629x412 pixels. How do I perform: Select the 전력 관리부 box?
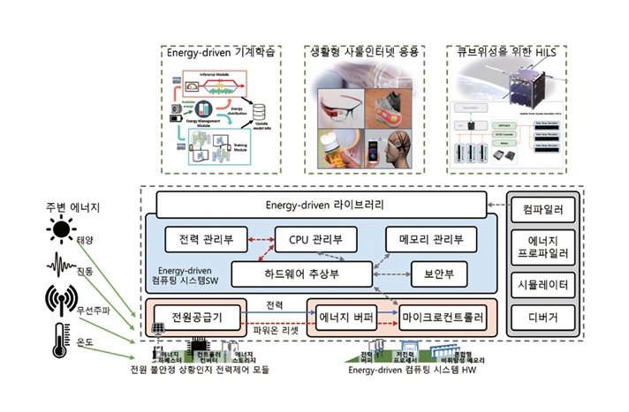(x=204, y=238)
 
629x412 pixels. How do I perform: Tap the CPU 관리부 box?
(x=316, y=238)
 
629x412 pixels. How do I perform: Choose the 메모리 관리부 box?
(x=431, y=238)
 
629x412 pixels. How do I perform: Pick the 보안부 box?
(x=438, y=273)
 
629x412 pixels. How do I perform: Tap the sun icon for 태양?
(x=62, y=231)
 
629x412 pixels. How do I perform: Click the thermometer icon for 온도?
(x=60, y=341)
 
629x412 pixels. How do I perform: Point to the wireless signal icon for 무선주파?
(x=61, y=300)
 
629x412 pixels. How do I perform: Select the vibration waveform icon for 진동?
(x=62, y=265)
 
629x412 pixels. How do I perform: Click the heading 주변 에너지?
(x=72, y=208)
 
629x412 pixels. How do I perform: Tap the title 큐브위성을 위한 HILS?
(x=507, y=52)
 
